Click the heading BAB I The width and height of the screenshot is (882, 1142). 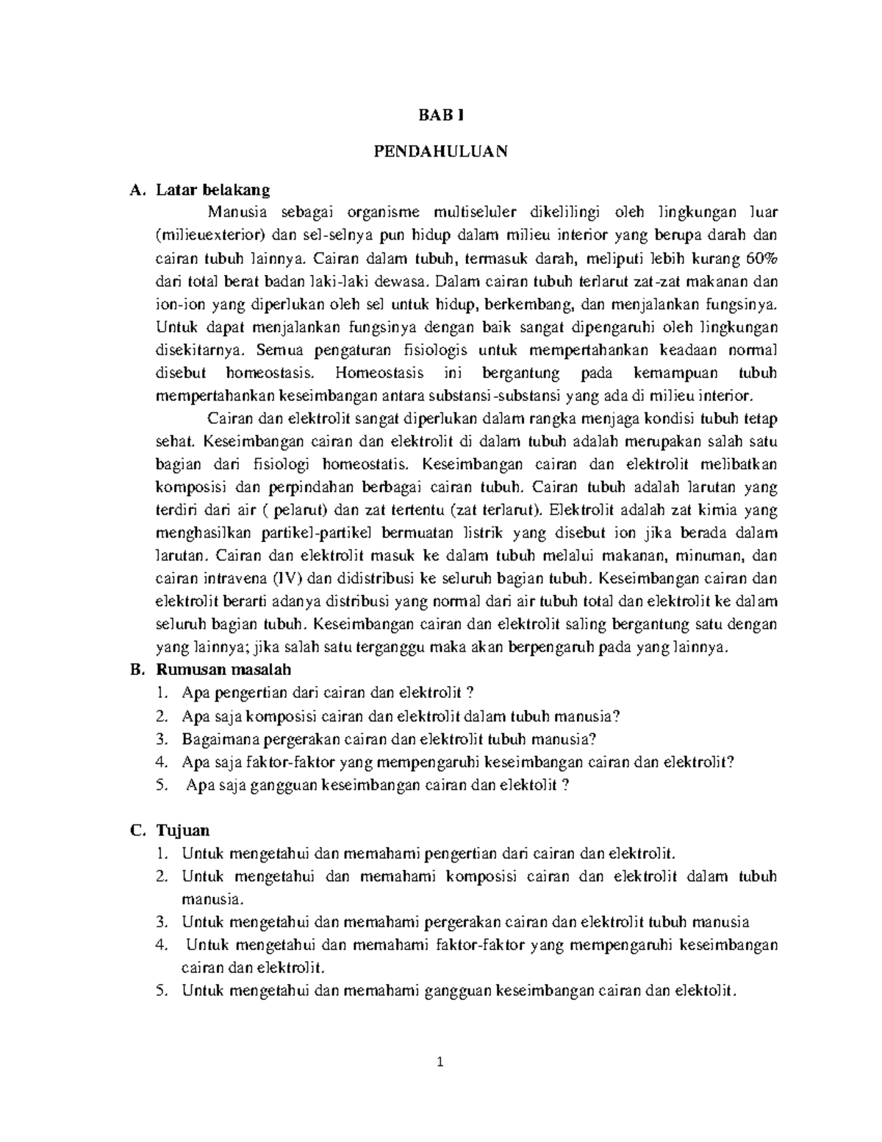pos(441,115)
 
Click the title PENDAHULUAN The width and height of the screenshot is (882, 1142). pos(441,152)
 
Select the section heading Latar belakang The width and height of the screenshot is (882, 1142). pos(212,190)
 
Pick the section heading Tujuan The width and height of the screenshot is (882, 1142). pos(182,830)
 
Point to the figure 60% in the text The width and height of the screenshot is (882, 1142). pos(760,258)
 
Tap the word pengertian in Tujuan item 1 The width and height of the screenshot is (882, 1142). pos(459,853)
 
